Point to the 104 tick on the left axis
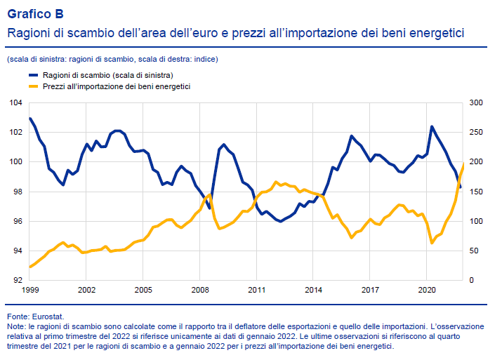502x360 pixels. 16,102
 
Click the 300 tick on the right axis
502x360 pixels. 475,102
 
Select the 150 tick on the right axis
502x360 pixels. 475,192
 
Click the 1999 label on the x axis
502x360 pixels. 30,289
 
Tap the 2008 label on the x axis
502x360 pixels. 200,289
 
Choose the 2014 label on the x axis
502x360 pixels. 314,289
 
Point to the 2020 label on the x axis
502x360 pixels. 427,289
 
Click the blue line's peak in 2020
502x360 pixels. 432,126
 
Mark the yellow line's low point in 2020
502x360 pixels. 432,243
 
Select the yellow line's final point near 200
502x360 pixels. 463,163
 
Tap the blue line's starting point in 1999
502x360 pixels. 30,118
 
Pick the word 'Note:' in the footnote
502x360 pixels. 15,327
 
